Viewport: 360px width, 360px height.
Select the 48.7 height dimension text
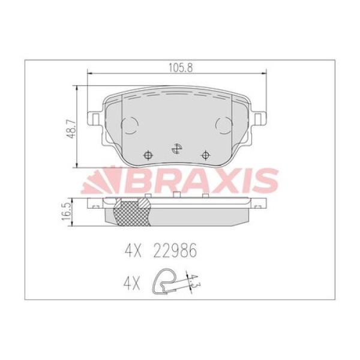(x=71, y=129)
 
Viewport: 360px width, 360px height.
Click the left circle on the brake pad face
(x=130, y=125)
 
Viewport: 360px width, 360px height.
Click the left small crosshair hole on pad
(x=148, y=155)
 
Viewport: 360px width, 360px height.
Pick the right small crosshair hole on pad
(x=205, y=155)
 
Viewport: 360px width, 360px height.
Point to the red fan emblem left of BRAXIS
(x=97, y=181)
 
